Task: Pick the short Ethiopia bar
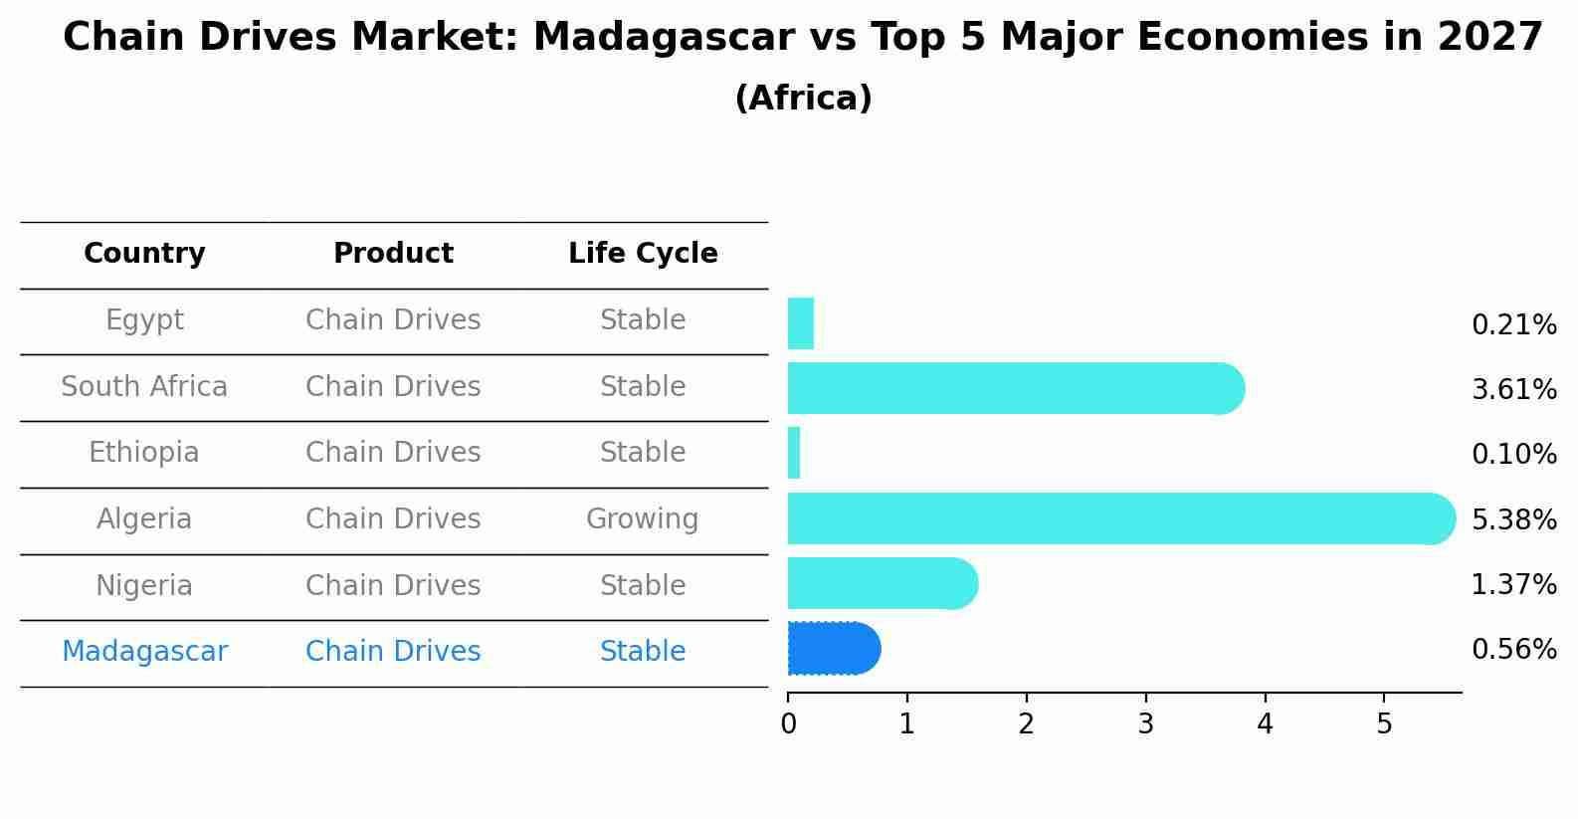coord(794,453)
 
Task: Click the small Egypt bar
coord(801,323)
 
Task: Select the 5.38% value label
coord(1513,519)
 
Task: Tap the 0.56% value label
coord(1513,650)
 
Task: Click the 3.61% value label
coord(1513,389)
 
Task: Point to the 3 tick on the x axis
coord(1145,723)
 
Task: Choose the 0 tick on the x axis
coord(788,723)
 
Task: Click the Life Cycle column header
coord(643,254)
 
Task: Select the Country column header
coord(144,254)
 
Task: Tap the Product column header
coord(393,254)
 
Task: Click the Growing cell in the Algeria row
coord(642,519)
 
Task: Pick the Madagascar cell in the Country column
coord(144,652)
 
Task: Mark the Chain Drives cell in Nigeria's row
coord(393,585)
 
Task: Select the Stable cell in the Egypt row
coord(642,320)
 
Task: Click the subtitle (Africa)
coord(803,99)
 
